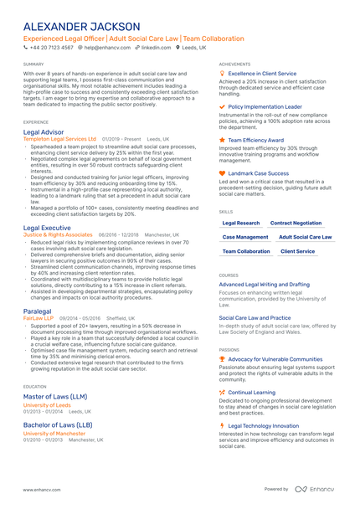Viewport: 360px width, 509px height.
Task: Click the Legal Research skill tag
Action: [x=241, y=224]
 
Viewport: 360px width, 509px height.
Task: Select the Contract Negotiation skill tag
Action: [x=296, y=224]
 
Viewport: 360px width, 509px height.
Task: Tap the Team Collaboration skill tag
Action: [x=246, y=251]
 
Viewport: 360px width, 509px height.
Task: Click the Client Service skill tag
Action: [x=298, y=251]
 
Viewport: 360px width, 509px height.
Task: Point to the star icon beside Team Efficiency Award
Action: [x=222, y=140]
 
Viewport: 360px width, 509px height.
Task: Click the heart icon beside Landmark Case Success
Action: [x=222, y=173]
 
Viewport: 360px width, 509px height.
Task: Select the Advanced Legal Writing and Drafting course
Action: [x=264, y=284]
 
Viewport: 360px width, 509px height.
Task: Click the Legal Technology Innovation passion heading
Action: [x=263, y=425]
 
